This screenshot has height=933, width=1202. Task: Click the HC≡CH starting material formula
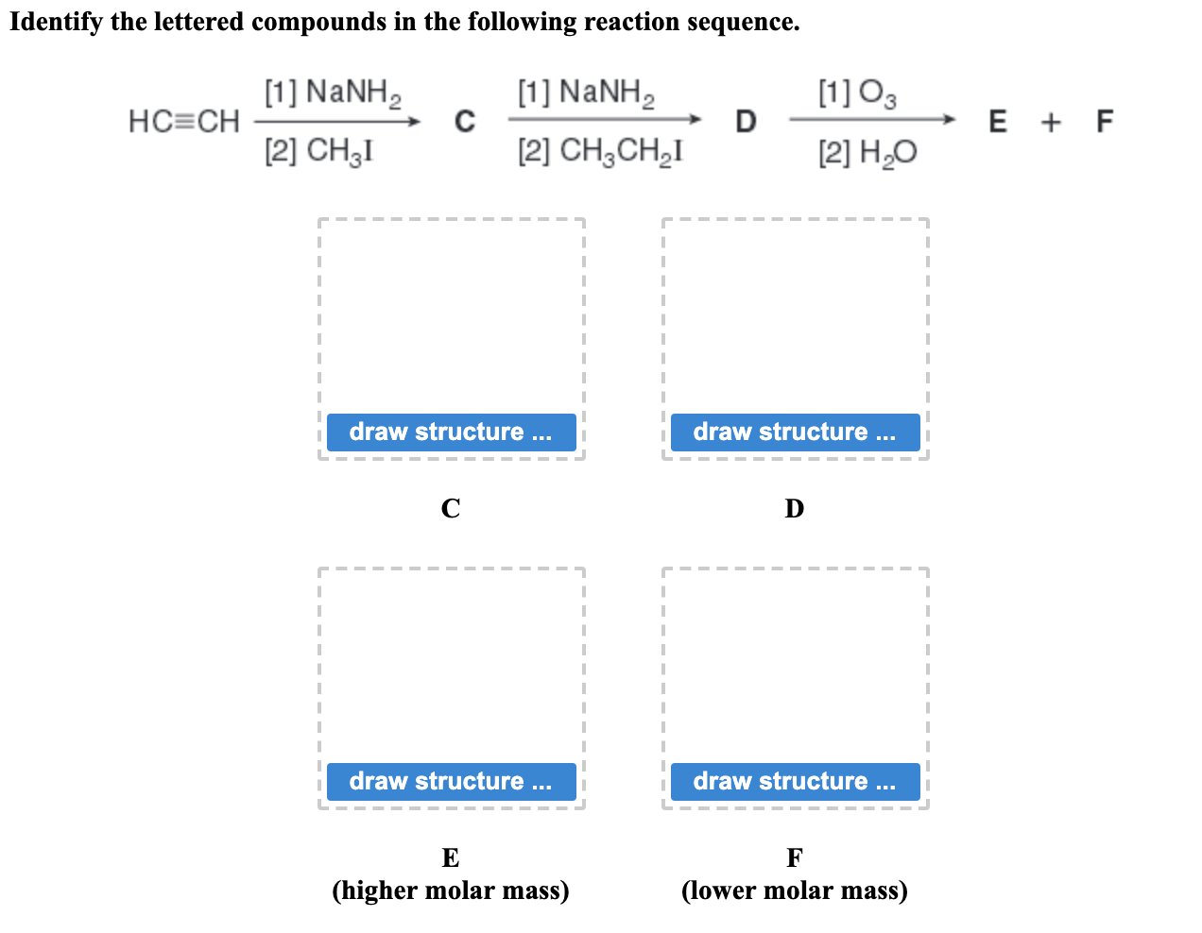click(184, 122)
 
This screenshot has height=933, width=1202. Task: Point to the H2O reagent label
click(867, 153)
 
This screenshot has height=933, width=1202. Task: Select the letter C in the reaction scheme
click(464, 122)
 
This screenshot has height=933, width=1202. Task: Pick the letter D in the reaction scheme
click(746, 122)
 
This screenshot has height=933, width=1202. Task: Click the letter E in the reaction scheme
click(998, 122)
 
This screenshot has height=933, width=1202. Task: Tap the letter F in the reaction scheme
click(1105, 122)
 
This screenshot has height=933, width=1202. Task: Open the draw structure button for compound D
click(795, 433)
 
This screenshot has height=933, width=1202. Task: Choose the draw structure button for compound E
click(451, 782)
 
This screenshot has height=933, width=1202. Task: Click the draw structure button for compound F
click(795, 782)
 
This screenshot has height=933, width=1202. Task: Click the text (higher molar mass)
click(451, 891)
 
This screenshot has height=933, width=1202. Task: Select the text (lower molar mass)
click(795, 891)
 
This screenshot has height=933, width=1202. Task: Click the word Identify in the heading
click(56, 22)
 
